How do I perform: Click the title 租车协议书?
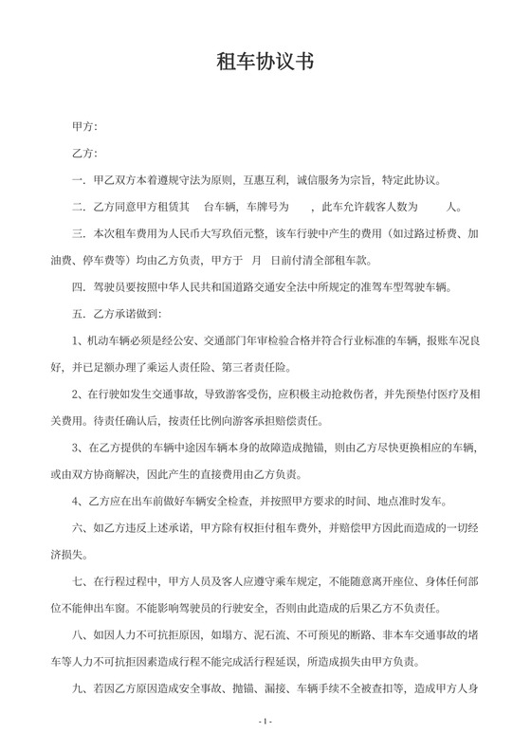pyautogui.click(x=265, y=63)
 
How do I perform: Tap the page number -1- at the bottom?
pyautogui.click(x=265, y=722)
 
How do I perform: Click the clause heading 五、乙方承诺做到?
pyautogui.click(x=117, y=312)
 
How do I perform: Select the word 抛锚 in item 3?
pyautogui.click(x=318, y=445)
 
